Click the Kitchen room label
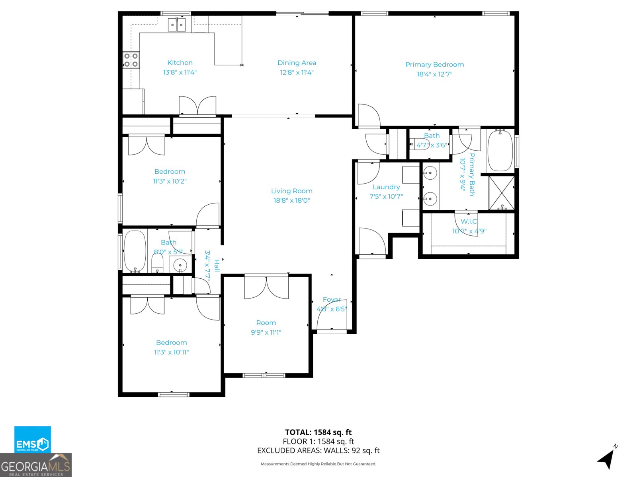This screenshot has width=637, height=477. [180, 63]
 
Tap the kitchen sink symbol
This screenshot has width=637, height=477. [177, 25]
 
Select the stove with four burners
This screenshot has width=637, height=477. [131, 60]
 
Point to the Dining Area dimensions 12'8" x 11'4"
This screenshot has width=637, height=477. [297, 72]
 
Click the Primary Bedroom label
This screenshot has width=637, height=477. [434, 64]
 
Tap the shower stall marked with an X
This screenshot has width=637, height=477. [501, 193]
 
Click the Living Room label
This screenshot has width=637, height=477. [291, 191]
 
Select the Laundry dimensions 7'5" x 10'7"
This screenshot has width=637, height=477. [386, 196]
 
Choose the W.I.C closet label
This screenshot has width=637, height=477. [469, 222]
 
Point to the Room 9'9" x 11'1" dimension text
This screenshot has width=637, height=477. [266, 332]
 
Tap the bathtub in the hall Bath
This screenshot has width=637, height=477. [135, 251]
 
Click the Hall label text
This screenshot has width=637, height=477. [217, 266]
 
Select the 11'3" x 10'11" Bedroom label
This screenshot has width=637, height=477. [171, 343]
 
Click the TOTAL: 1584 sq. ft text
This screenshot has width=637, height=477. [318, 432]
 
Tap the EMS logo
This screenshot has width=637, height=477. [33, 440]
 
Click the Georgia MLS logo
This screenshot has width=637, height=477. [35, 465]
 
